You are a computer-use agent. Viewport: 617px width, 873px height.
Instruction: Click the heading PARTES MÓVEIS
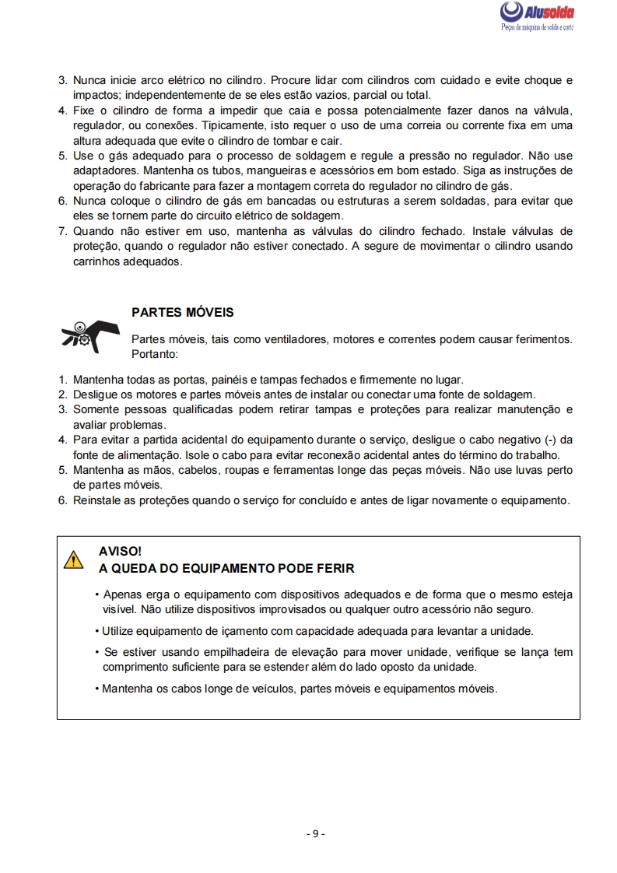pos(183,313)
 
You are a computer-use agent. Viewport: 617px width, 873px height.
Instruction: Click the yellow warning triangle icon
pos(73,559)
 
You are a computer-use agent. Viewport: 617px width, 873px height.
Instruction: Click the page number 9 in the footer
pos(315,834)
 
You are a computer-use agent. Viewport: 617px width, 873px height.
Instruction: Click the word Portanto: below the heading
pos(156,353)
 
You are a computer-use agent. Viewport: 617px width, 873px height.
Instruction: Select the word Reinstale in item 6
pos(97,500)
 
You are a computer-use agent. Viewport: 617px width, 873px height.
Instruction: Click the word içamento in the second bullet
pos(224,631)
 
